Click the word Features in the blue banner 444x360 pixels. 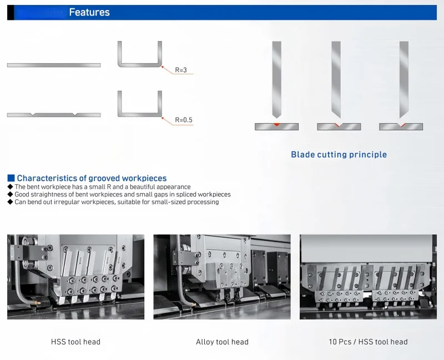(89, 12)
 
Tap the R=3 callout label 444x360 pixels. (181, 70)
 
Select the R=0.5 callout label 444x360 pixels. (184, 120)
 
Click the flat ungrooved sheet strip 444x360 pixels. (54, 65)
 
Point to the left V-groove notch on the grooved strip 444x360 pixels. (33, 114)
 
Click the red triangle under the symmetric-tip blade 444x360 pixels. (276, 124)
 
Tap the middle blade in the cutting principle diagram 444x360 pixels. (336, 79)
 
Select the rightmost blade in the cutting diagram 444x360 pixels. (404, 79)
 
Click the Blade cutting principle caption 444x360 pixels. (339, 155)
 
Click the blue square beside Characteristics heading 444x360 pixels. (11, 178)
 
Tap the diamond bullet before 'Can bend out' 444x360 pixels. (10, 202)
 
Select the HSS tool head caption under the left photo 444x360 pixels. (75, 342)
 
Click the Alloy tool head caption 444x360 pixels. (222, 342)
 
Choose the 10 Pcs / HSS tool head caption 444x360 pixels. (368, 342)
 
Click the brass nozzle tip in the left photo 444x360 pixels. (37, 303)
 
